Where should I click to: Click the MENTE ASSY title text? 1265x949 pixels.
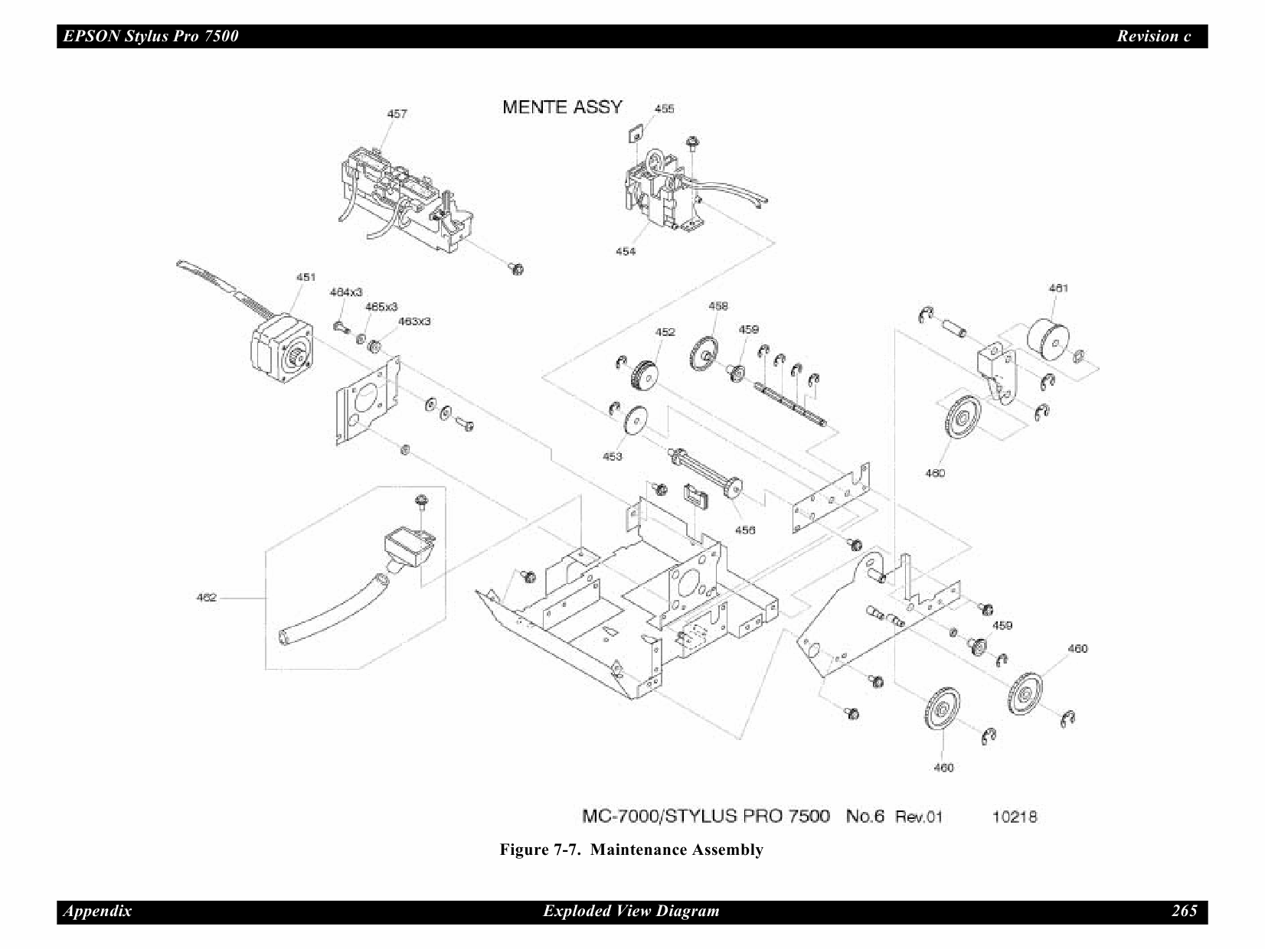tap(562, 107)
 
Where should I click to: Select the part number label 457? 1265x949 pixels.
tap(397, 114)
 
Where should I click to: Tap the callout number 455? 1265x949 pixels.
tap(664, 109)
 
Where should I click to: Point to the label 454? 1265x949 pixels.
tap(625, 251)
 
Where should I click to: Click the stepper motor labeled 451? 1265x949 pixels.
tap(282, 348)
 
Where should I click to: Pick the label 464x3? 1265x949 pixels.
tap(345, 292)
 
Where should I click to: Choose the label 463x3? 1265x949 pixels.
tap(413, 321)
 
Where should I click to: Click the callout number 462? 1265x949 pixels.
tap(207, 598)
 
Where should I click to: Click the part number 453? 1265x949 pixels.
tap(612, 457)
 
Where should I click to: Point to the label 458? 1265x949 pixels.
tap(717, 306)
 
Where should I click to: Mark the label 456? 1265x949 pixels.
tap(744, 530)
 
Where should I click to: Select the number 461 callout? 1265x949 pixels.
tap(1057, 289)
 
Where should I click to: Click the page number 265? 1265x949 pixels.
tap(1184, 911)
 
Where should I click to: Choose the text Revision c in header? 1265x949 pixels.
tap(1153, 36)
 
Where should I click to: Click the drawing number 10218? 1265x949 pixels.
tap(1014, 817)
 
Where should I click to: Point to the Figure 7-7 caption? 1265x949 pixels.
tap(631, 850)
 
